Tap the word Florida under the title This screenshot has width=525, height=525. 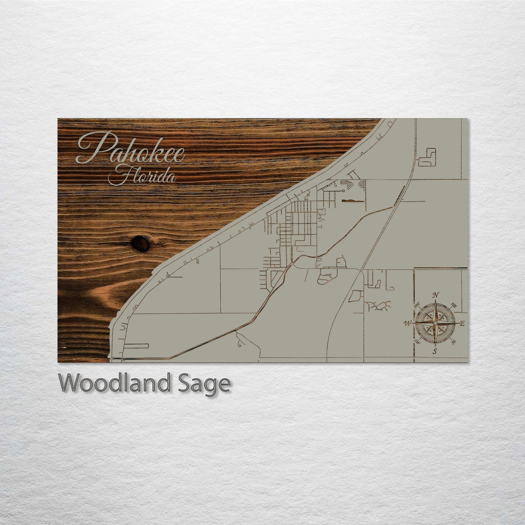pyautogui.click(x=143, y=177)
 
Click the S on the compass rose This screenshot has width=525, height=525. pyautogui.click(x=435, y=351)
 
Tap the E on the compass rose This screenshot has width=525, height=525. pyautogui.click(x=462, y=323)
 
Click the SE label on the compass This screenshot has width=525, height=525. pyautogui.click(x=453, y=342)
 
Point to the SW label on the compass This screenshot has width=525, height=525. pyautogui.click(x=417, y=342)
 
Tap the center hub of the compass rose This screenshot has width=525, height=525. pyautogui.click(x=435, y=323)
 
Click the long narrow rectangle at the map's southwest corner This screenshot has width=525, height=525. pyautogui.click(x=136, y=346)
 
